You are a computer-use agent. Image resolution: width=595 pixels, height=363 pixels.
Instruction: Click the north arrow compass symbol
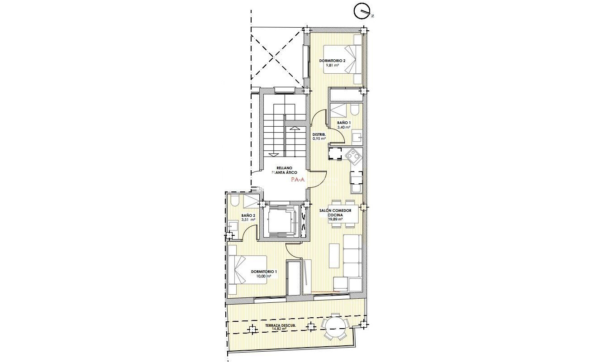(362, 11)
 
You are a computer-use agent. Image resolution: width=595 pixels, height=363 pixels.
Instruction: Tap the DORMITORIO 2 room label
(332, 61)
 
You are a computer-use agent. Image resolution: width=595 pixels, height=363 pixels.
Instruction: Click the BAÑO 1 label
(344, 123)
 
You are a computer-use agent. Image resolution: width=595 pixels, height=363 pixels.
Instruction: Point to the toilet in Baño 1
(355, 110)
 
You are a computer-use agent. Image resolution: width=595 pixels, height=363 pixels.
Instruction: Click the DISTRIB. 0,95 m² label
(319, 136)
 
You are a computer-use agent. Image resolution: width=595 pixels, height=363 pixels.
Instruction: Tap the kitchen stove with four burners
(352, 157)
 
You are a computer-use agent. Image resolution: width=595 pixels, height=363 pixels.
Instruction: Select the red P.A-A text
(298, 180)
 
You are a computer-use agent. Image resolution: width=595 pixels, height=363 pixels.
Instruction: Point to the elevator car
(279, 220)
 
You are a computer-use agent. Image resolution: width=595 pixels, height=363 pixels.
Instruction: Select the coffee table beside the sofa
(334, 255)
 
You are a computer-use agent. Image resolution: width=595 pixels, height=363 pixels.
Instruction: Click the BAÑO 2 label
(248, 215)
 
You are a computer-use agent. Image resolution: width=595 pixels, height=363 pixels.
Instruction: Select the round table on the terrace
(335, 326)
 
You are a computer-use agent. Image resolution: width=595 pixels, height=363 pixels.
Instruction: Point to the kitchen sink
(356, 188)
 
